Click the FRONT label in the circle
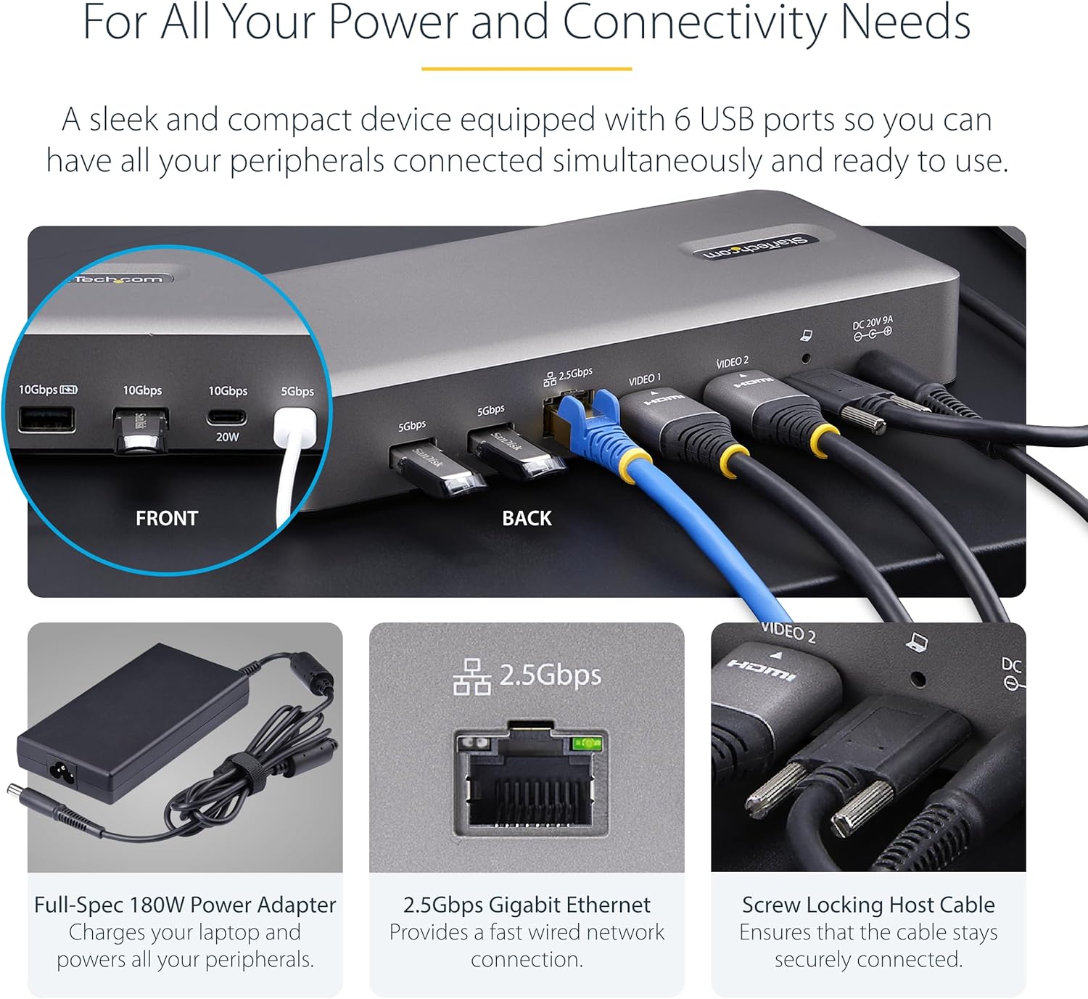pyautogui.click(x=166, y=518)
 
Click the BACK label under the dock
pyautogui.click(x=527, y=518)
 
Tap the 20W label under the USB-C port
pyautogui.click(x=227, y=437)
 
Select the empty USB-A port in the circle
pyautogui.click(x=46, y=419)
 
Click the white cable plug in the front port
pyautogui.click(x=294, y=428)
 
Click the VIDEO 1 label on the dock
pyautogui.click(x=645, y=379)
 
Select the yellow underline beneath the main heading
pyautogui.click(x=527, y=69)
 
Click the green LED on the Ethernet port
pyautogui.click(x=588, y=743)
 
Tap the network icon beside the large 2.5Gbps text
pyautogui.click(x=471, y=677)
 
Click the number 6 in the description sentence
pyautogui.click(x=682, y=120)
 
